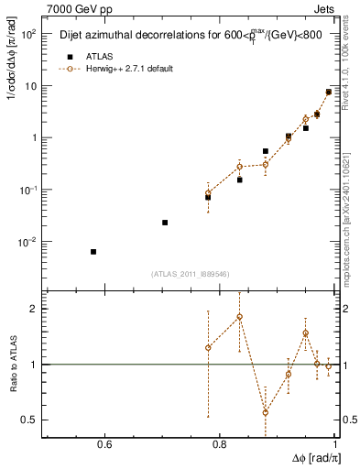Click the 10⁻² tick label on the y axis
30,243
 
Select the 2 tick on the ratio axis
34,309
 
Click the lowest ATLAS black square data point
93,252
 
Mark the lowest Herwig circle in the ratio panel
266,412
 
